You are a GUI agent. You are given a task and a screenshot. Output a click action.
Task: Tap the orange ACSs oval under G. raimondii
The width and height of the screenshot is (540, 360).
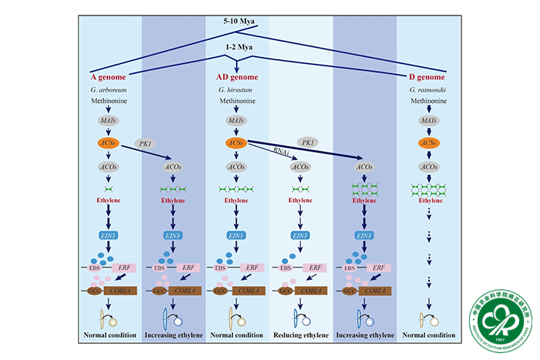pyautogui.click(x=424, y=143)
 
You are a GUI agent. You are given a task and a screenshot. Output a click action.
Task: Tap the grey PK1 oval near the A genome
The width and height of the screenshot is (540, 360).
pyautogui.click(x=143, y=143)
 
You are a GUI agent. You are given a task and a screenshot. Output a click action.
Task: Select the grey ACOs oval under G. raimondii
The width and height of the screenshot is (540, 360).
pyautogui.click(x=424, y=166)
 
